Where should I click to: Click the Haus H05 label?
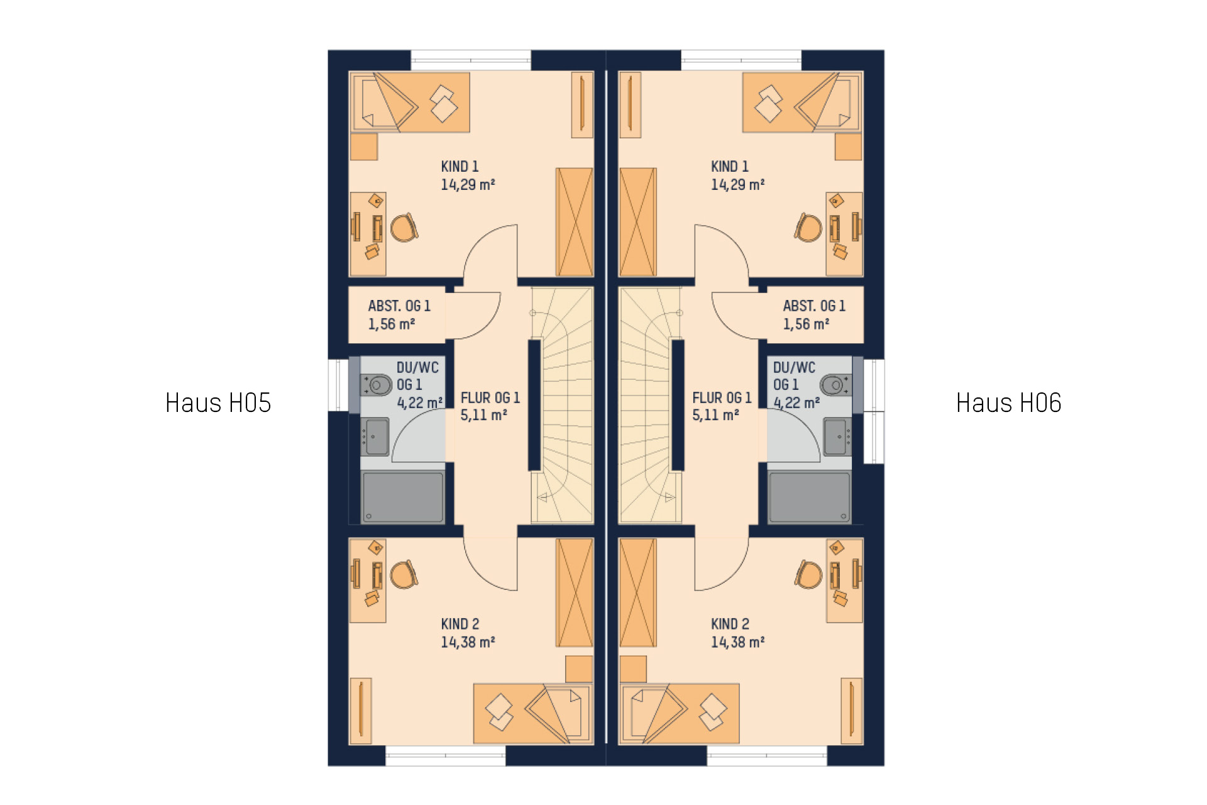click(218, 403)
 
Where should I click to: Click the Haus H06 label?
click(1008, 403)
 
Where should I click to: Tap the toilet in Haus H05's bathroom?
click(377, 385)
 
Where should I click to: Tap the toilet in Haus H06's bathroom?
click(835, 385)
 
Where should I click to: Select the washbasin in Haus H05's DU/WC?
click(375, 436)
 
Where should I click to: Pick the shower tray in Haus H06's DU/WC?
click(810, 497)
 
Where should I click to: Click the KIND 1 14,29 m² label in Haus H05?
click(468, 175)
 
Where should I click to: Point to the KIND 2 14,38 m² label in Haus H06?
click(737, 633)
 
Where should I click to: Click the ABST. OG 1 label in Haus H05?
click(399, 306)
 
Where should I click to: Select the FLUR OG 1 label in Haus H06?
click(722, 398)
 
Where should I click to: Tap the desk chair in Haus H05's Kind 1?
click(404, 228)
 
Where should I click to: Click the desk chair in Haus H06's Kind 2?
click(808, 575)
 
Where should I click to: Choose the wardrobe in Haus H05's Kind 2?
click(575, 592)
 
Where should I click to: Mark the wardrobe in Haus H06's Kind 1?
click(638, 222)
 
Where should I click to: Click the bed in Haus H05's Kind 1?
click(410, 103)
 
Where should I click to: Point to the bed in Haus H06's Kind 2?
click(680, 714)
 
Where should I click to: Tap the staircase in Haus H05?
click(562, 406)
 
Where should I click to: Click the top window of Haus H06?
click(741, 60)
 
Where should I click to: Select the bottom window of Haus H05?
click(446, 756)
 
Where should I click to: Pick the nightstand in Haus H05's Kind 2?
click(579, 669)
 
